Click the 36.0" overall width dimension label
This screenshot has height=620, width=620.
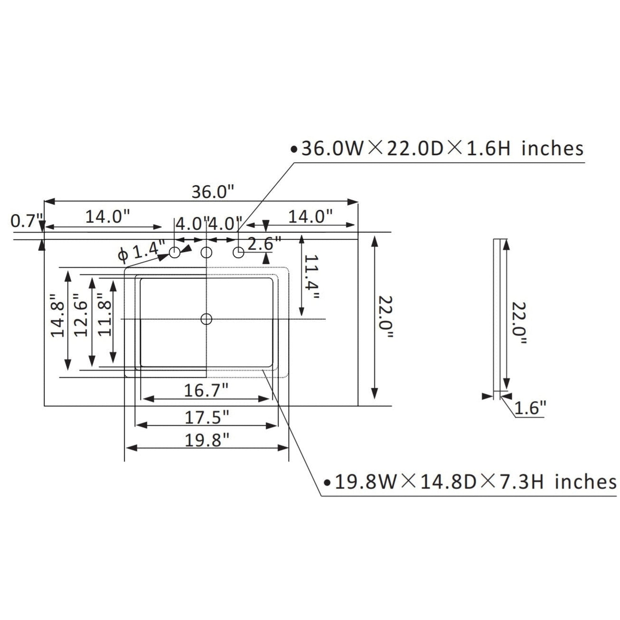[x=213, y=192]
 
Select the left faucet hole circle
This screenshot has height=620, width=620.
[x=175, y=253]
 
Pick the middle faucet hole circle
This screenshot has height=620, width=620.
[x=206, y=253]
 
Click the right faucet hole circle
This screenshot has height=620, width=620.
[x=238, y=253]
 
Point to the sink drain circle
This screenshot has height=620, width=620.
[x=206, y=319]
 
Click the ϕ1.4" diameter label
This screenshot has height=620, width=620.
[x=141, y=251]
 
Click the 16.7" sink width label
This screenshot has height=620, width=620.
[x=206, y=390]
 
